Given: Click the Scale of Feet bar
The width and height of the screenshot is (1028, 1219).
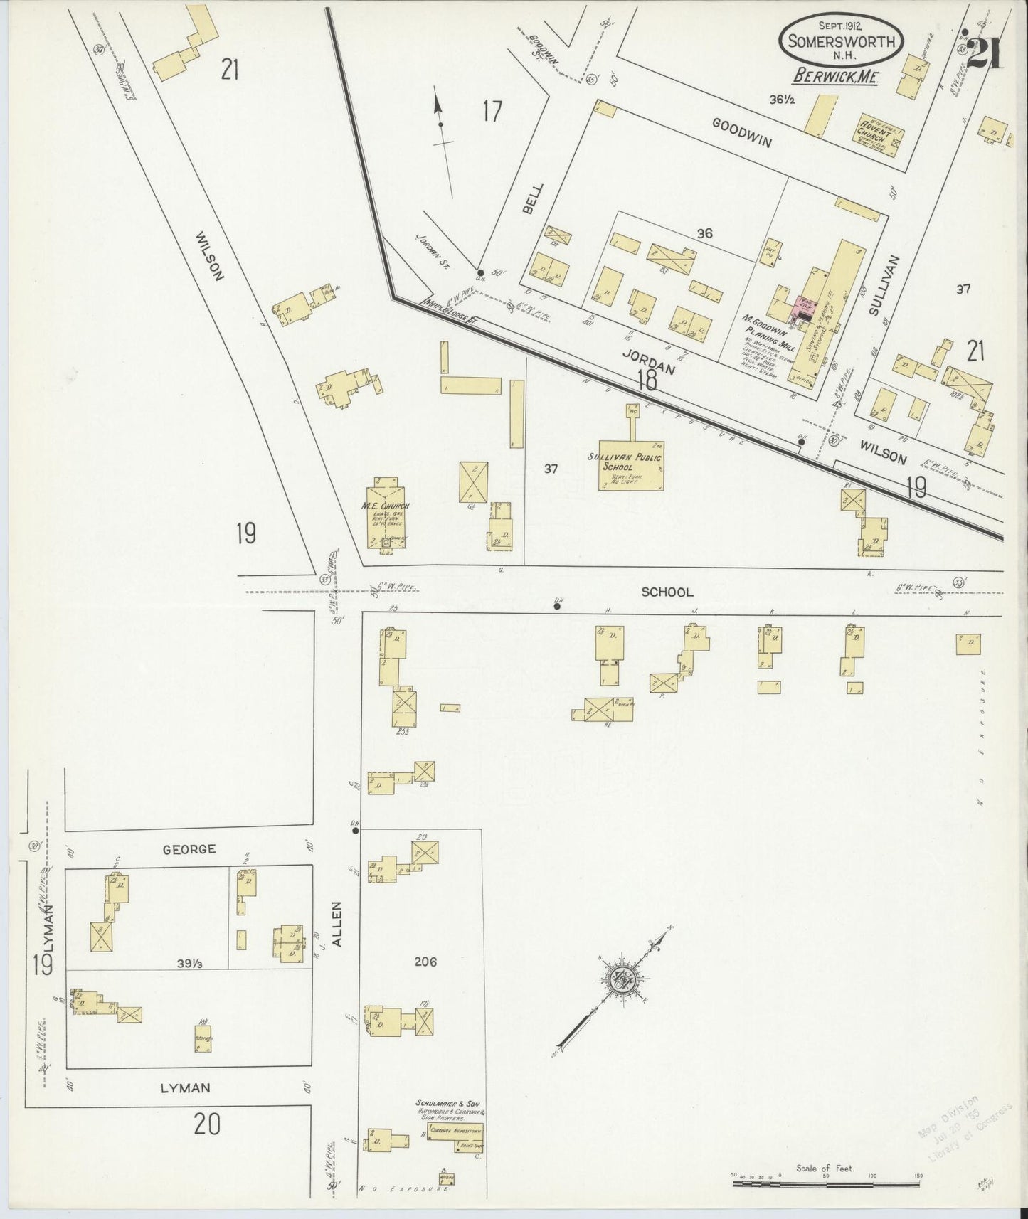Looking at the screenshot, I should point(825,1185).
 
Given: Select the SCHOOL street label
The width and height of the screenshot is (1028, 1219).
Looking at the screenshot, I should point(667,592).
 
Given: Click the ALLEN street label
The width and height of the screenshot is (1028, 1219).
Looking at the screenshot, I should point(337,924).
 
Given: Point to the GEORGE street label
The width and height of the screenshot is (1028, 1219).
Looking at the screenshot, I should point(189,849).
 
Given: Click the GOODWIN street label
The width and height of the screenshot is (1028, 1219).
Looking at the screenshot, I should point(742,132).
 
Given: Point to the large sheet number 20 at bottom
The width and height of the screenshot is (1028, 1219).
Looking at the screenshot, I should point(207,1124).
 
